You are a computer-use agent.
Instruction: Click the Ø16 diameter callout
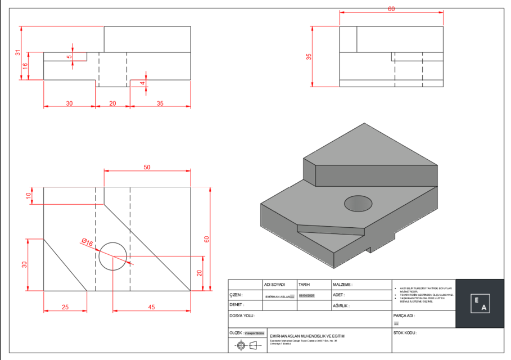[x=87, y=242]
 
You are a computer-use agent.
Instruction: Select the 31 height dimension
[x=17, y=53]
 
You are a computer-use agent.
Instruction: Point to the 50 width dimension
[x=147, y=168]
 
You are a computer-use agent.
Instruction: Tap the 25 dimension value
[x=65, y=307]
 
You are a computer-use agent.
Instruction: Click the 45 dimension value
[x=152, y=307]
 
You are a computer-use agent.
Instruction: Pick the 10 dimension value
[x=29, y=196]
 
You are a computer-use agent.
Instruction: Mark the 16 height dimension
[x=25, y=66]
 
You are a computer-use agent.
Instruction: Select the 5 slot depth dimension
[x=69, y=57]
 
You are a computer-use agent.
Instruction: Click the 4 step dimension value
[x=142, y=83]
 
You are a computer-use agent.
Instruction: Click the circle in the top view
[x=113, y=256]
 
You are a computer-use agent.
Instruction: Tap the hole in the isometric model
[x=358, y=203]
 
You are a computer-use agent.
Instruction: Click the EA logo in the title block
[x=480, y=303]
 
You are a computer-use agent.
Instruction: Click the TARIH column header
[x=304, y=285]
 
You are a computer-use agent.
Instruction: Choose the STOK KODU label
[x=405, y=333]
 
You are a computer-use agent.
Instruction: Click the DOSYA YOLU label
[x=242, y=316]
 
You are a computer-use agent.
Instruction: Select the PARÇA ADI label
[x=404, y=316]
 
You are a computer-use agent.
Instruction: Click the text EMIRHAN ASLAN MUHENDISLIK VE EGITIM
[x=307, y=336]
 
